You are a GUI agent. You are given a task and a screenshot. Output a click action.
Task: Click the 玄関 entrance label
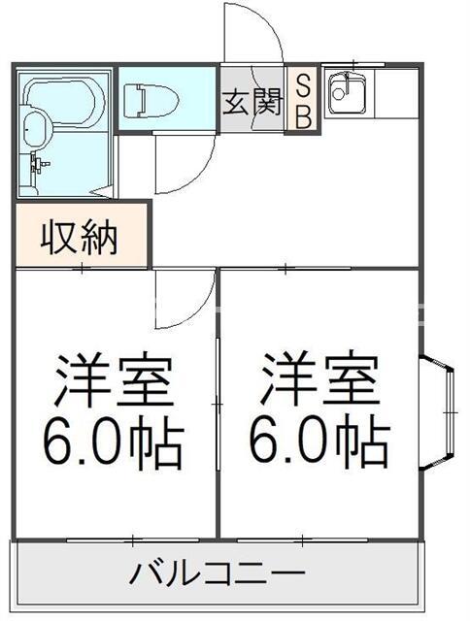[252, 101]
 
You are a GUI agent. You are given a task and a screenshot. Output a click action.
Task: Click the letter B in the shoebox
[303, 117]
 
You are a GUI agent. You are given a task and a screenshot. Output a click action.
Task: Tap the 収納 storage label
[80, 239]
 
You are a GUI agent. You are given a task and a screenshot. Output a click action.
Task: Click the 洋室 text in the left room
[113, 379]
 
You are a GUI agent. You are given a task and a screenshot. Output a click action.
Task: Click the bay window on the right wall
[438, 412]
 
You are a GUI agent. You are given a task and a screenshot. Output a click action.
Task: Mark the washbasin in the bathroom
[35, 131]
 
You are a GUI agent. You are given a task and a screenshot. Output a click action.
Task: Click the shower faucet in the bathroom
[40, 163]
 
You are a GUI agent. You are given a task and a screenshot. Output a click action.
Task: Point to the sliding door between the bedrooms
[218, 404]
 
